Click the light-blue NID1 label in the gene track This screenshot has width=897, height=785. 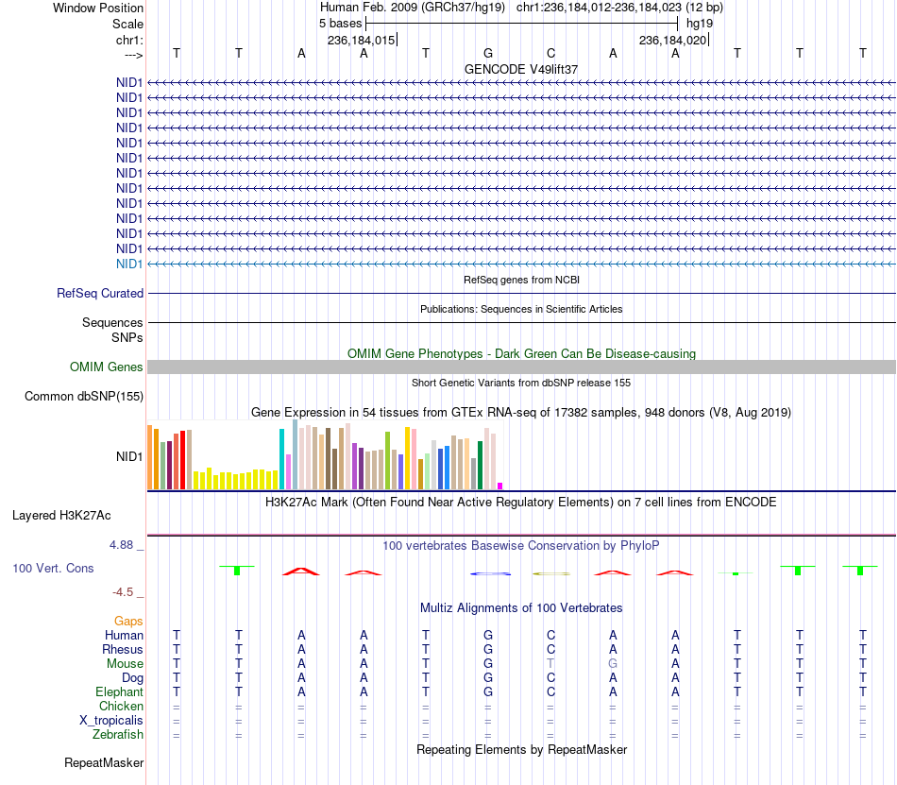129,264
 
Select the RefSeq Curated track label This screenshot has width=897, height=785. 100,293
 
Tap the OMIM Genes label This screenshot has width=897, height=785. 107,367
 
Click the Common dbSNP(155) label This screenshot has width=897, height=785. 84,396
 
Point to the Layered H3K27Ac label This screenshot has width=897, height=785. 61,515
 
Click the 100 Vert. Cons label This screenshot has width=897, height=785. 53,568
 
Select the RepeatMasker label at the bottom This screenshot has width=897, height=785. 104,762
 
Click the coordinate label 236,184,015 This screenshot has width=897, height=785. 361,40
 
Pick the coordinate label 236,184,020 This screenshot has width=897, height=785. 672,40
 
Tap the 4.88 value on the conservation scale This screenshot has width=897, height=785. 121,545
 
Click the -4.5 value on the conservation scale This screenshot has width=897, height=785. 123,591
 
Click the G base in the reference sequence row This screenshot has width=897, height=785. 488,53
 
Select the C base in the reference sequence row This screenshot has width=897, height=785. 550,53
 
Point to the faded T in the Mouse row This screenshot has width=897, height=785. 550,663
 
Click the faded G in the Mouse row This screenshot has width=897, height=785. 613,663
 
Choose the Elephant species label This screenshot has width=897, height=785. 120,691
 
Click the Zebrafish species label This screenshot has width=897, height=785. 118,734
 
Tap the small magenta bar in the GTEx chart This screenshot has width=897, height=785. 500,486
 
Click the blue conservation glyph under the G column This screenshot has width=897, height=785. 490,573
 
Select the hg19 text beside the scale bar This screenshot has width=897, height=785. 700,24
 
